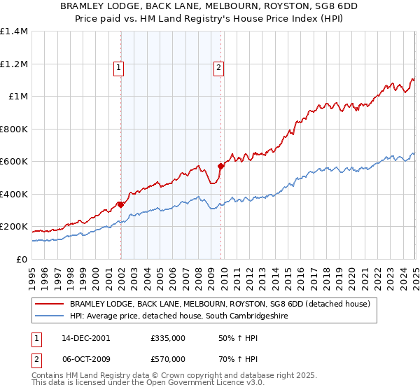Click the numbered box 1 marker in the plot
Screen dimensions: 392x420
click(118, 68)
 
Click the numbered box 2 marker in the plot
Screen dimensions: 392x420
click(218, 68)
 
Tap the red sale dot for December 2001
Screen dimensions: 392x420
click(121, 204)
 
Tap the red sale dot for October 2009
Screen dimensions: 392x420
click(221, 166)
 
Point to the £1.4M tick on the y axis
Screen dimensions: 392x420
click(14, 31)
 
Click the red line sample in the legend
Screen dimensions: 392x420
click(50, 304)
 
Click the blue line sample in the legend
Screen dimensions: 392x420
click(50, 316)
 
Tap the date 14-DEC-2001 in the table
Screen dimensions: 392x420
click(85, 337)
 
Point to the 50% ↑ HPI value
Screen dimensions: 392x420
click(232, 337)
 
